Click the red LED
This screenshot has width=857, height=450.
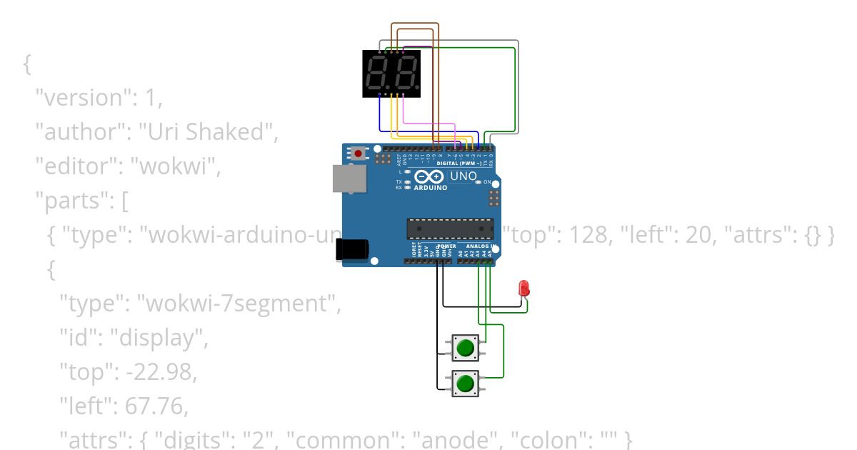[525, 288]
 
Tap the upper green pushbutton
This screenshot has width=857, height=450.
[466, 348]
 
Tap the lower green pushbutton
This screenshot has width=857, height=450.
[466, 384]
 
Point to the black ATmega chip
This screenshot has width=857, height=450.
[450, 229]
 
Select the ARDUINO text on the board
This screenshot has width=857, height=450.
[431, 188]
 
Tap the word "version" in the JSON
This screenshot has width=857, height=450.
[84, 98]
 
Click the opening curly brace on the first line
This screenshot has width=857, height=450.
[27, 64]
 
